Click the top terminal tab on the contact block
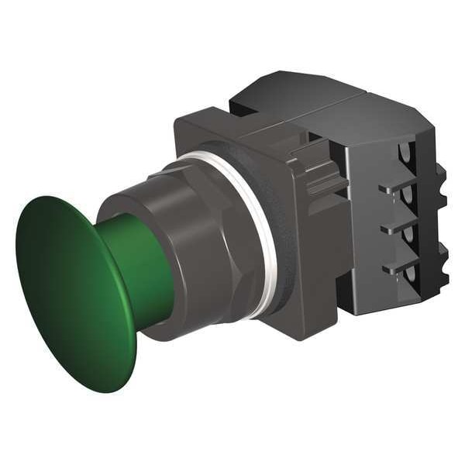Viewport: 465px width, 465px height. (x=391, y=188)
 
